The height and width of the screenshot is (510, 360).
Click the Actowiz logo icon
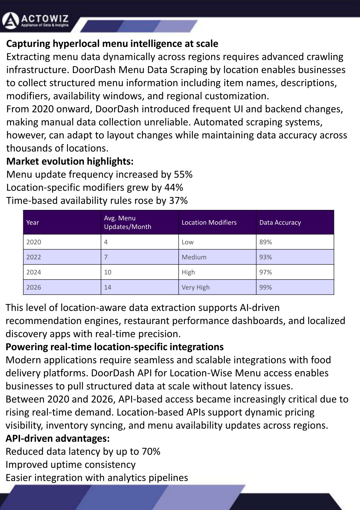(10, 21)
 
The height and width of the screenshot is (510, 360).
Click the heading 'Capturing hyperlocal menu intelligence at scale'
(112, 44)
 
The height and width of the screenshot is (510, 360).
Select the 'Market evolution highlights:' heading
(70, 161)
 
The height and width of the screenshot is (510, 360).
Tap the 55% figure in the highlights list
(183, 174)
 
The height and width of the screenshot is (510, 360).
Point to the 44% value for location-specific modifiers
(173, 187)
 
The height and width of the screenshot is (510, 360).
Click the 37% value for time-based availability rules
(178, 200)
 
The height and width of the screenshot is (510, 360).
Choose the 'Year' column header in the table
(33, 223)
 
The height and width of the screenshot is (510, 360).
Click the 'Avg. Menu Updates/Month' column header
(127, 223)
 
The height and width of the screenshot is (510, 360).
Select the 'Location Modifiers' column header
(209, 223)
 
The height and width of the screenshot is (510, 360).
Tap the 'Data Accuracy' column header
(280, 223)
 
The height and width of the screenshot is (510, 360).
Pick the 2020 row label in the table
(34, 242)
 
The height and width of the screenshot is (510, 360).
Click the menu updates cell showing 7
(106, 257)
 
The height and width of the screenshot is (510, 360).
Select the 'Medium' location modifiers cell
(194, 257)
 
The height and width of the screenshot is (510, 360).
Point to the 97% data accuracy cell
(266, 272)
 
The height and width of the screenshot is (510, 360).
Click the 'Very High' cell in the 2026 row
(196, 287)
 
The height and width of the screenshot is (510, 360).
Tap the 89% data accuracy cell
(266, 242)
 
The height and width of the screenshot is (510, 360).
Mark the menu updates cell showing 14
(108, 287)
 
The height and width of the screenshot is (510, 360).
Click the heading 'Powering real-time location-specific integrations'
(115, 347)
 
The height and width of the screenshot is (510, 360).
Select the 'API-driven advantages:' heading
(58, 439)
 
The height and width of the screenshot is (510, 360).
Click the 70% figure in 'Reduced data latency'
(151, 452)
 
